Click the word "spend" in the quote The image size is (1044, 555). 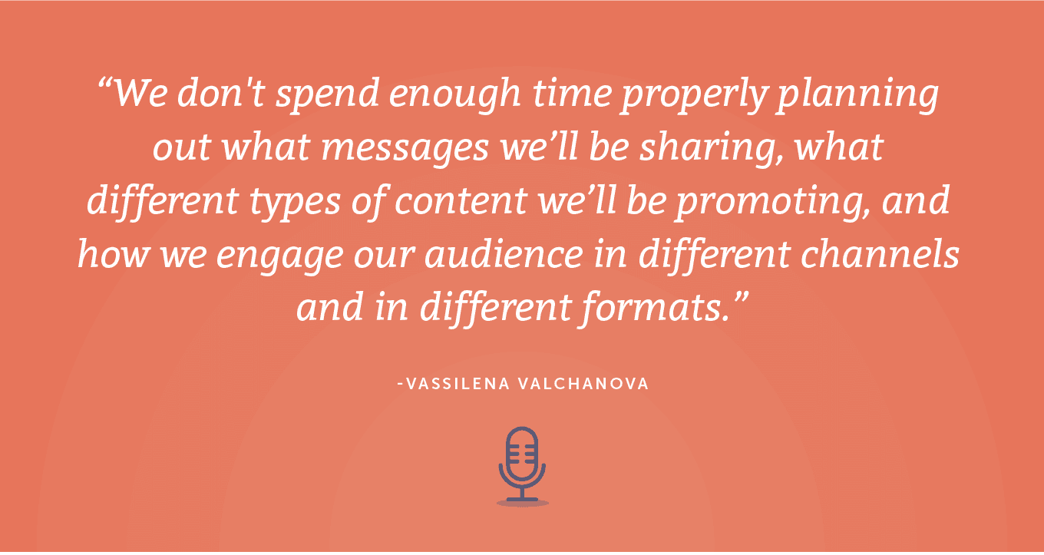tap(327, 94)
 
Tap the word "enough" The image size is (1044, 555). tap(455, 96)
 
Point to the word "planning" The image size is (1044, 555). tap(858, 96)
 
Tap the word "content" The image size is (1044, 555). tap(461, 202)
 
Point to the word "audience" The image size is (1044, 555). tap(504, 255)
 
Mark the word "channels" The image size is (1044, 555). tap(880, 255)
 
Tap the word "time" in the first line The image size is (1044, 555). tap(571, 94)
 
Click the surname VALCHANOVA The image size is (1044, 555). tap(583, 384)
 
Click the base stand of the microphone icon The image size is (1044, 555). tap(523, 499)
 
